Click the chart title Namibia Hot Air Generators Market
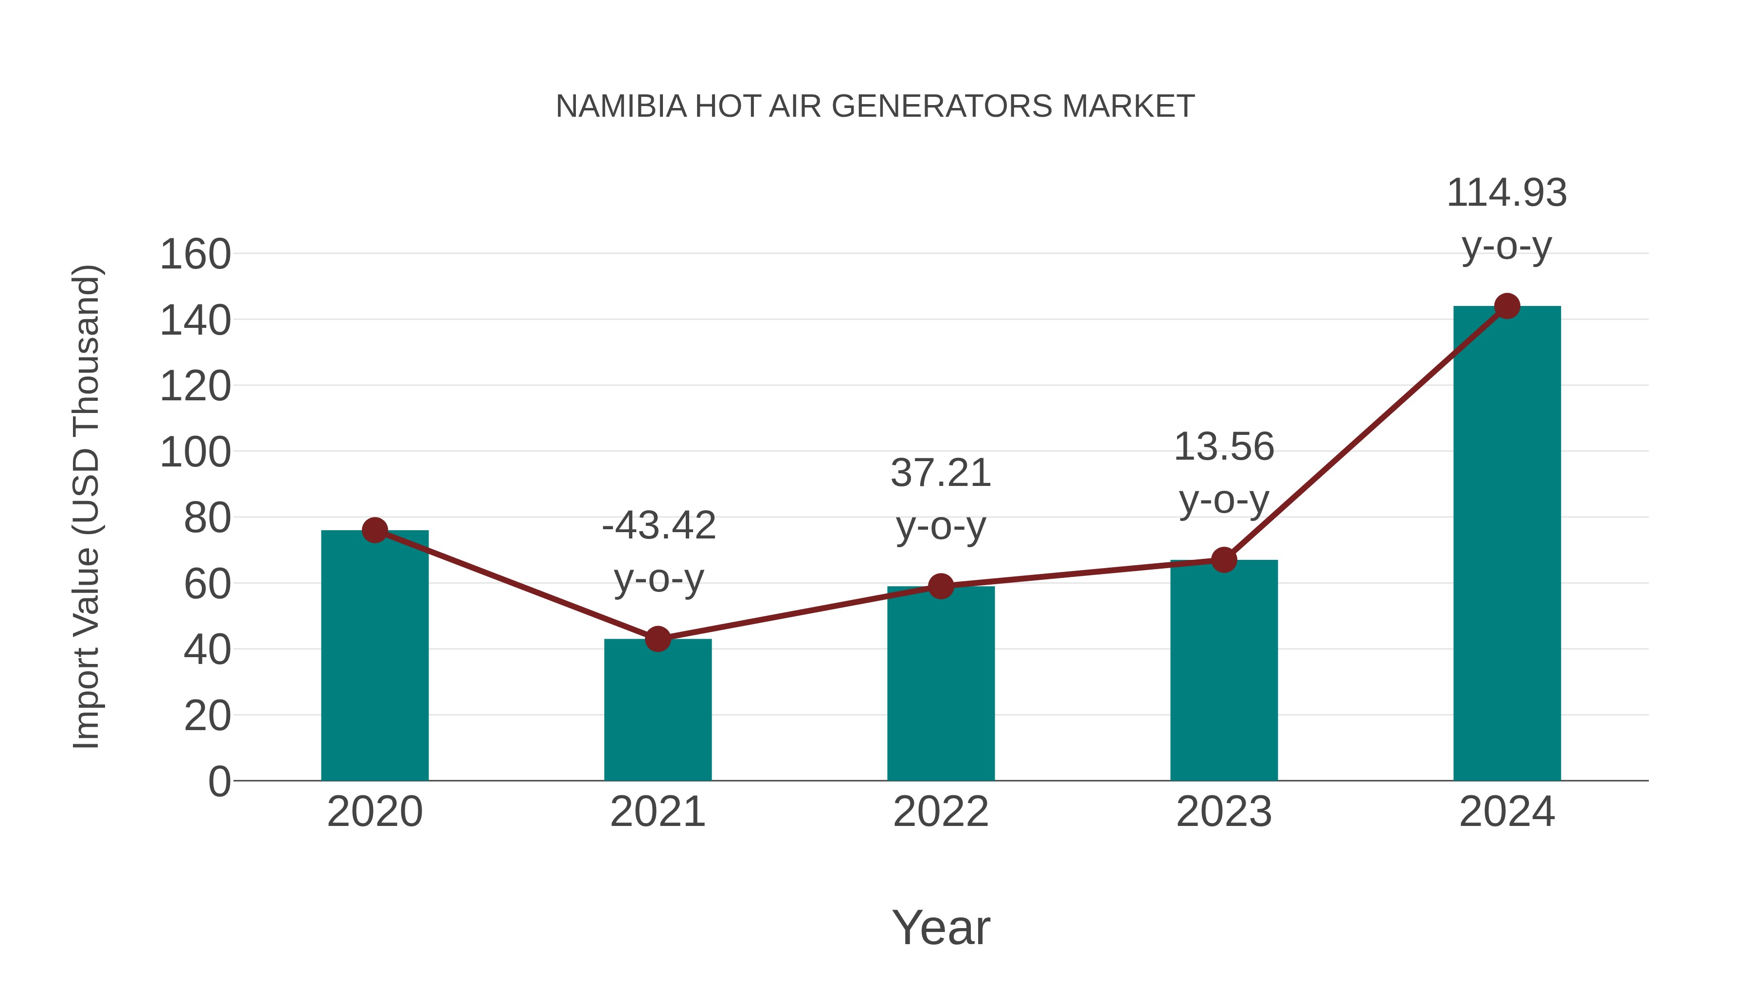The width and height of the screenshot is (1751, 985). click(875, 107)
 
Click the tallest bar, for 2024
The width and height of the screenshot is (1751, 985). click(1507, 544)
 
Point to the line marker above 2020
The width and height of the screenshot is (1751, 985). click(375, 530)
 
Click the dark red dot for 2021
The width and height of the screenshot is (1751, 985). click(657, 639)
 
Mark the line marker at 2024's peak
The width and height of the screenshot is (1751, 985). click(1507, 306)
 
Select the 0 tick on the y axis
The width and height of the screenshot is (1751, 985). click(219, 782)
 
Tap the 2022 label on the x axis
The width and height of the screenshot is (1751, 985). click(941, 812)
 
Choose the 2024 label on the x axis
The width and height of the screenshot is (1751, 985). click(1507, 812)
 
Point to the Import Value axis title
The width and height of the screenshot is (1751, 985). click(87, 506)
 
